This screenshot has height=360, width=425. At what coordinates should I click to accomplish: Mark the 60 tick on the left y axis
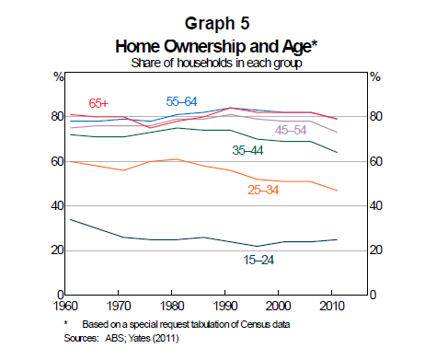56,162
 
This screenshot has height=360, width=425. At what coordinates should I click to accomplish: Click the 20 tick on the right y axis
376,250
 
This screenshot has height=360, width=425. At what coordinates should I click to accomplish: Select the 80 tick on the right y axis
376,117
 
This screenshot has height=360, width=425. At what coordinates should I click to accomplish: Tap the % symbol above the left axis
59,77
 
